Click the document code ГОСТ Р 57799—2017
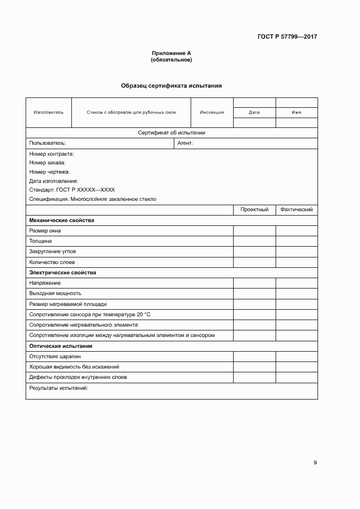(x=286, y=37)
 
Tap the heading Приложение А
(x=171, y=53)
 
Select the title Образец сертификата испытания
(x=171, y=85)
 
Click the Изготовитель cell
(x=48, y=113)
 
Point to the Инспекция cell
(x=212, y=113)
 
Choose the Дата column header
(x=254, y=113)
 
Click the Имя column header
(x=296, y=113)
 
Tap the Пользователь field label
(x=47, y=143)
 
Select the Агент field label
(x=186, y=143)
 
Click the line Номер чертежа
(x=50, y=172)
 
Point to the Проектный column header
(x=254, y=210)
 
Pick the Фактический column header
(x=296, y=210)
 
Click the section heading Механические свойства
(x=62, y=220)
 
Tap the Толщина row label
(x=41, y=241)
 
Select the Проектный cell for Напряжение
(x=254, y=283)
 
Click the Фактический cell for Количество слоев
(x=296, y=262)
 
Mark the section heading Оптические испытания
(x=60, y=346)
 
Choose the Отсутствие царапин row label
(x=55, y=357)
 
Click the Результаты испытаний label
(x=58, y=388)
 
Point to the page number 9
(x=315, y=463)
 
